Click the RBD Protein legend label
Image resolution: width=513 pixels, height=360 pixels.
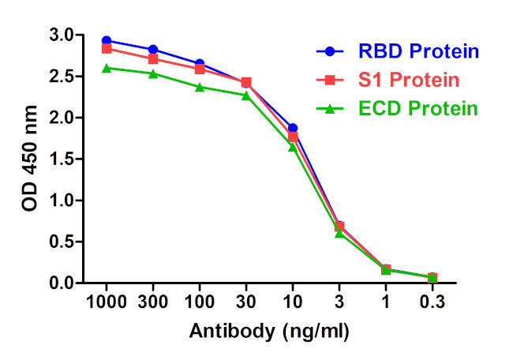click(419, 52)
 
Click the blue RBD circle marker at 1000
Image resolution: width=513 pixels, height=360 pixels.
click(107, 40)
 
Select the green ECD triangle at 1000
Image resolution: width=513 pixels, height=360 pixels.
click(107, 68)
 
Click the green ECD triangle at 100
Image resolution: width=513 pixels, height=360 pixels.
click(200, 87)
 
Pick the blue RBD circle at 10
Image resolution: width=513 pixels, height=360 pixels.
click(293, 128)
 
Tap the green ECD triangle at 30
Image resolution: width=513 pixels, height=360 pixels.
click(246, 96)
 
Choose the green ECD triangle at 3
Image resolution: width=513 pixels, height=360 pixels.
click(339, 234)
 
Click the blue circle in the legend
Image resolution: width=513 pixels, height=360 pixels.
click(329, 52)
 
